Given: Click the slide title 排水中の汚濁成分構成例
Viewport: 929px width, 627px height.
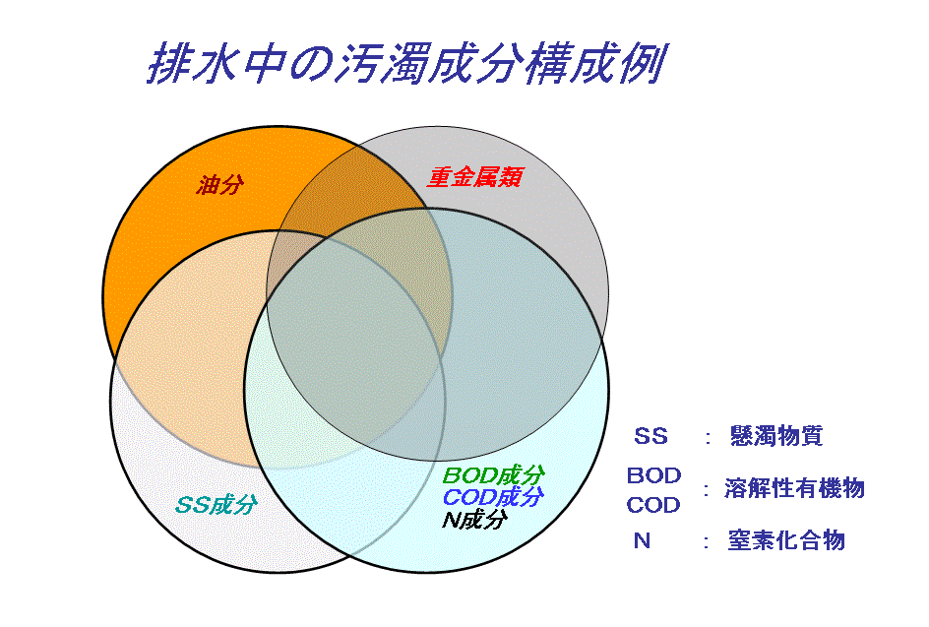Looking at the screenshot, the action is click(x=407, y=63).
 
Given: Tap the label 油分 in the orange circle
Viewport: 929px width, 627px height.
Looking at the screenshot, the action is click(x=219, y=185).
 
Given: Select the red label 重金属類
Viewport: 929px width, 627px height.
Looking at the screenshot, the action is click(x=475, y=177).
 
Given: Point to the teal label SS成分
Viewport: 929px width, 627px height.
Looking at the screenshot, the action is click(x=217, y=505).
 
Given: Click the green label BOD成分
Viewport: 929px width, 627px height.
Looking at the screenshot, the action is click(x=493, y=475).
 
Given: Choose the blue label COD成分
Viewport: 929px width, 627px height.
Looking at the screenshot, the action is click(x=493, y=497).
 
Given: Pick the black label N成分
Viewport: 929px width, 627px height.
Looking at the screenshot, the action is click(x=474, y=520).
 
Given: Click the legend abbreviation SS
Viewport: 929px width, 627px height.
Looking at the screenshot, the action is click(x=650, y=436).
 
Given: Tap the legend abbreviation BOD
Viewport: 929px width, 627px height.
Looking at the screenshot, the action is click(x=654, y=475).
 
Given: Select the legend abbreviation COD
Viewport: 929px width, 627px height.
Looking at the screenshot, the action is click(x=653, y=505).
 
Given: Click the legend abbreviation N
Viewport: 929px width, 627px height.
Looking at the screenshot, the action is click(x=643, y=540).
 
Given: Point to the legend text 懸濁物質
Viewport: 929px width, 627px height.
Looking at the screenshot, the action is click(x=776, y=436).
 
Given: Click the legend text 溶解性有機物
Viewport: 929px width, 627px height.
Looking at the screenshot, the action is click(x=794, y=488).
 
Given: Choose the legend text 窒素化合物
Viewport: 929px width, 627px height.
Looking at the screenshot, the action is click(x=786, y=540).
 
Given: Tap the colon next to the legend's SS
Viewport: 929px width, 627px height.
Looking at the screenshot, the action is click(x=708, y=438).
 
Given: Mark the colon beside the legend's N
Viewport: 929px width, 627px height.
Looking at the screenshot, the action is click(x=707, y=541).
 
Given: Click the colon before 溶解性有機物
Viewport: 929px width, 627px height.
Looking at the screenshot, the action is click(x=707, y=490).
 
